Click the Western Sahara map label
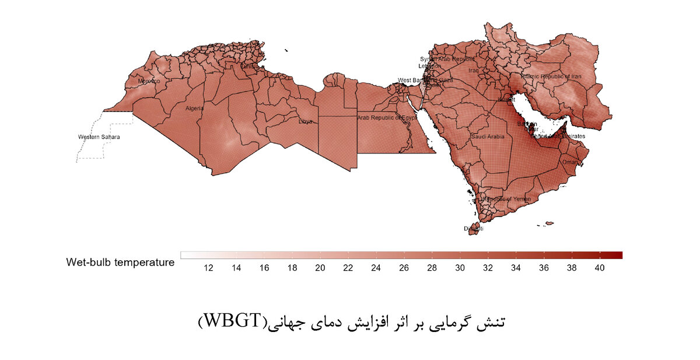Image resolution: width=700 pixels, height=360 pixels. pyautogui.click(x=99, y=137)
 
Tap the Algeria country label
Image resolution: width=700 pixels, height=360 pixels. pyautogui.click(x=195, y=109)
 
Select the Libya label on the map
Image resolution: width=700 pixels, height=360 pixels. pyautogui.click(x=305, y=121)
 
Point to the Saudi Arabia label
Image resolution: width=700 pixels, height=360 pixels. pyautogui.click(x=487, y=137)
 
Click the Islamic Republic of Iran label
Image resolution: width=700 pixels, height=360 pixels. pyautogui.click(x=551, y=76)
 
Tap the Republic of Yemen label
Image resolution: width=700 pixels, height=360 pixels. pyautogui.click(x=507, y=199)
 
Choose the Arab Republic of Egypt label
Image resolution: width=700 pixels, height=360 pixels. pyautogui.click(x=387, y=118)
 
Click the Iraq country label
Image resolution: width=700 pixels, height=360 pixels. pyautogui.click(x=473, y=71)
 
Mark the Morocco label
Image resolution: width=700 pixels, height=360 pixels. pyautogui.click(x=149, y=81)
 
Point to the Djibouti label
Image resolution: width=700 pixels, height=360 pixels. pyautogui.click(x=473, y=229)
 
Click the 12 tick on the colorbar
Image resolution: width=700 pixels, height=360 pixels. pyautogui.click(x=208, y=268)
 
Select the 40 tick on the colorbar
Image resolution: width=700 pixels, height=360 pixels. pyautogui.click(x=599, y=268)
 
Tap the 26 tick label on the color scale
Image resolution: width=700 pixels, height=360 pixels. pyautogui.click(x=404, y=268)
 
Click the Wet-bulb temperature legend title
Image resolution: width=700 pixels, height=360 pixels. pyautogui.click(x=120, y=263)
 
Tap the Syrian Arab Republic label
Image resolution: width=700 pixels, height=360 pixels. pyautogui.click(x=447, y=60)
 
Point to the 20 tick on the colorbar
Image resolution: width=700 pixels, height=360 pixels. pyautogui.click(x=320, y=268)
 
